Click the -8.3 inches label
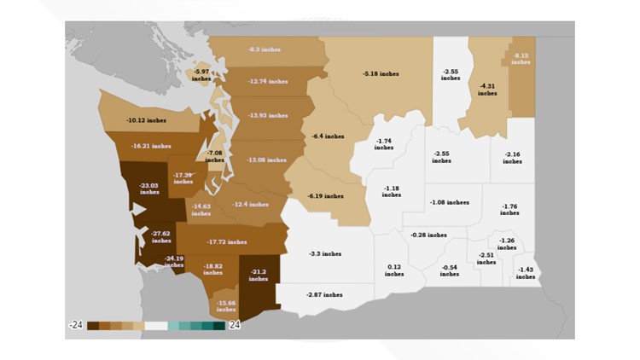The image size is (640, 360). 265,49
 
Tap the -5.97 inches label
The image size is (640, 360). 201,74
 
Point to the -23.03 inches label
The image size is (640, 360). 149,188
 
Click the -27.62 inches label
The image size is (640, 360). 161,236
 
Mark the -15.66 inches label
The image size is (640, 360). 226,305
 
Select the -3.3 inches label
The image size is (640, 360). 324,253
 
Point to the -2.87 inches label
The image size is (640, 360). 324,294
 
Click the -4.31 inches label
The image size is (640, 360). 487,89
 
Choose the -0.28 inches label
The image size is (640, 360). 428,235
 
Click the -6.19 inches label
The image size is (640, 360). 327,195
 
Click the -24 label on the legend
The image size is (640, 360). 76,325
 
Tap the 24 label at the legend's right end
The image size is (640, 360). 234,325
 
